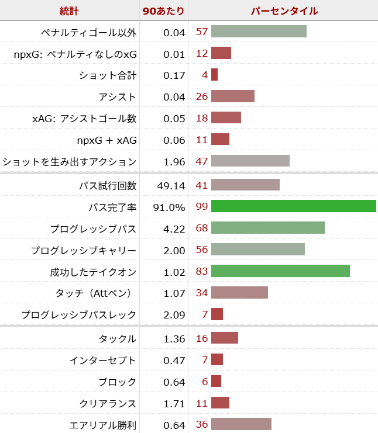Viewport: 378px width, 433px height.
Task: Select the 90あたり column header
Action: tap(163, 11)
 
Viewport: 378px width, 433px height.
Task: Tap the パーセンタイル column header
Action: tap(284, 11)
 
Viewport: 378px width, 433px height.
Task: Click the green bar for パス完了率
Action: tap(293, 206)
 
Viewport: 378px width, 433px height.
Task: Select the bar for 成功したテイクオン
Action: tap(280, 271)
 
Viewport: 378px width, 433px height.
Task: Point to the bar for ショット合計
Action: tap(214, 75)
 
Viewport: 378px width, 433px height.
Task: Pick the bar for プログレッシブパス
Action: tap(267, 228)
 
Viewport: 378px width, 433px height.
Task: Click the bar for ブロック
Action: tap(216, 382)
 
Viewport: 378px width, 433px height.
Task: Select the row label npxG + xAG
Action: tap(107, 140)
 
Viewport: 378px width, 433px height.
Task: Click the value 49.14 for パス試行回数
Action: tap(171, 185)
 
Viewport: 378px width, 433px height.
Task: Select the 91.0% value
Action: tap(170, 207)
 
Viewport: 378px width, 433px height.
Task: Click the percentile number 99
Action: tap(202, 207)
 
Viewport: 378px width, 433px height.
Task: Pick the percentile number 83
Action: tap(202, 272)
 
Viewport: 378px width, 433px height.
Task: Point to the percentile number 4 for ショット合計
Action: tap(205, 75)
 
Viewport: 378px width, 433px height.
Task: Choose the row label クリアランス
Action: tap(108, 404)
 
